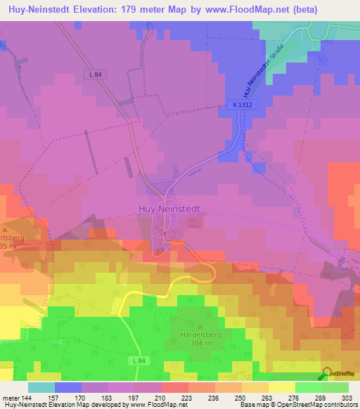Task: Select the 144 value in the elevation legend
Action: [26, 398]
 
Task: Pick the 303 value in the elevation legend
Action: [347, 398]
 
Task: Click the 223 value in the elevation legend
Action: [186, 398]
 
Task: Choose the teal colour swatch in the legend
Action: [41, 387]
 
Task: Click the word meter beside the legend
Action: [10, 398]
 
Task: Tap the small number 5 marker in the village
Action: [165, 233]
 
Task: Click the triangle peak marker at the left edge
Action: [4, 229]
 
